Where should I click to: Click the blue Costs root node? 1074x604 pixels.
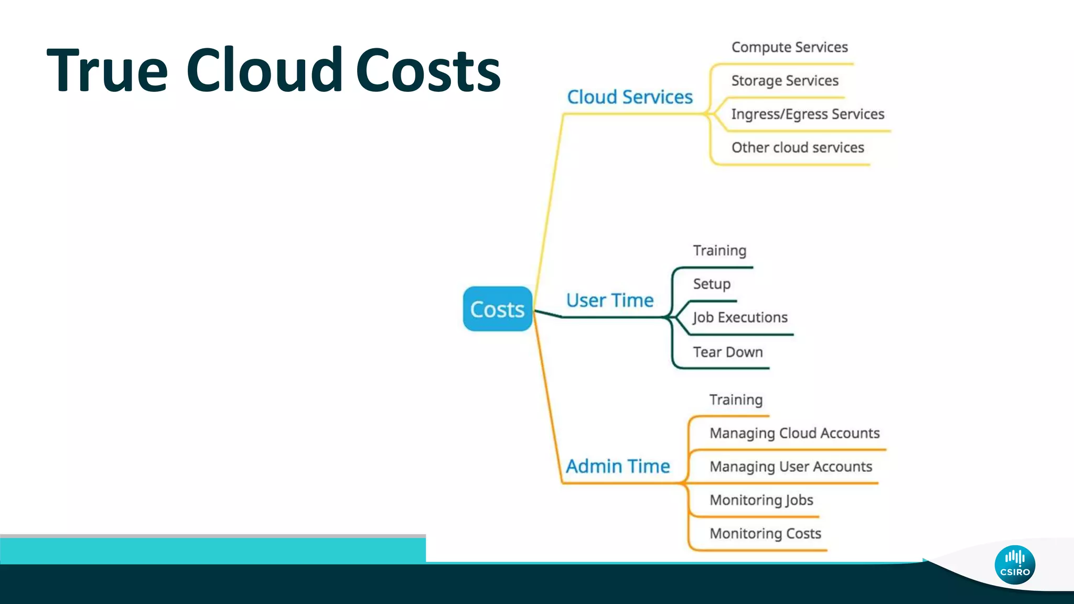point(497,309)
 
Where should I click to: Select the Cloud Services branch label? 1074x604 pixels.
point(630,97)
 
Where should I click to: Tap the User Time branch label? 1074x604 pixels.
point(610,300)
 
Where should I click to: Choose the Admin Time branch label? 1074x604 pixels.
point(618,466)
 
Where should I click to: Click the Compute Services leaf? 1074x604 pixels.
point(789,47)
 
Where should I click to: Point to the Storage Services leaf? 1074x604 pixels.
point(785,81)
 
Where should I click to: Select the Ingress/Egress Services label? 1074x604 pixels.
point(808,114)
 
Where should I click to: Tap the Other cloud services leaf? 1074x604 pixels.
point(798,148)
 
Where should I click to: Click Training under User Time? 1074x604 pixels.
point(719,251)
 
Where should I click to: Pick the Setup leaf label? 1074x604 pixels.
point(712,284)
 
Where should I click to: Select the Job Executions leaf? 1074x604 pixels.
point(740,318)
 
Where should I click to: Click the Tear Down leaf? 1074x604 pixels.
point(728,352)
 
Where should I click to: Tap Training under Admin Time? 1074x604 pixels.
point(736,400)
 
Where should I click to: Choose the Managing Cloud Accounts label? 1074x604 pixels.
point(794,434)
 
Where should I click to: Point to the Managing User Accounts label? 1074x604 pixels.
point(791,467)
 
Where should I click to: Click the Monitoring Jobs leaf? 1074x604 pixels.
point(761,500)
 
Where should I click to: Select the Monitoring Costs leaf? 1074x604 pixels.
point(765,534)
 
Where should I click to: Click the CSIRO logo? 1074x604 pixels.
point(1015,565)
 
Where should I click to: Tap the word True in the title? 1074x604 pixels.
point(108,70)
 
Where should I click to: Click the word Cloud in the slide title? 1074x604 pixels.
point(264,70)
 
